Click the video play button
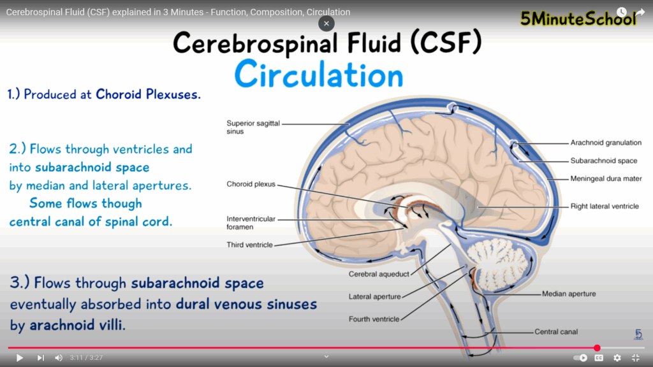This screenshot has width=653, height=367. (x=19, y=358)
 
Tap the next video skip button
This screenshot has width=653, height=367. (x=40, y=358)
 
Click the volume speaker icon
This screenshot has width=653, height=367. (x=59, y=358)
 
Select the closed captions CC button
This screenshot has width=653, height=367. (x=599, y=358)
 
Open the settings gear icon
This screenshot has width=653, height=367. (x=617, y=358)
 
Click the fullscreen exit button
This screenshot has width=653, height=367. (x=636, y=358)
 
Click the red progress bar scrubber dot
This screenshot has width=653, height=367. (x=597, y=348)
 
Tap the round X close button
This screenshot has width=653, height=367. (x=326, y=24)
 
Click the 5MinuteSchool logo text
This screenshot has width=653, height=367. (x=578, y=19)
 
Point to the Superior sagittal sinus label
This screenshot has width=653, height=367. (x=253, y=127)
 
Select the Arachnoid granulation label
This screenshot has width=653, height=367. (x=606, y=143)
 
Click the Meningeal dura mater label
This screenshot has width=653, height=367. (x=606, y=179)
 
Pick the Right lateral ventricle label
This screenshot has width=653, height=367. (x=605, y=206)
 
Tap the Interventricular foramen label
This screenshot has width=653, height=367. (x=251, y=223)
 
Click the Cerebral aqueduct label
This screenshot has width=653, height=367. (x=379, y=275)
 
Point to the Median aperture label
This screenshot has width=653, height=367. (x=569, y=294)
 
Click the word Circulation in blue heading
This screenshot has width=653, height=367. (x=319, y=75)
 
